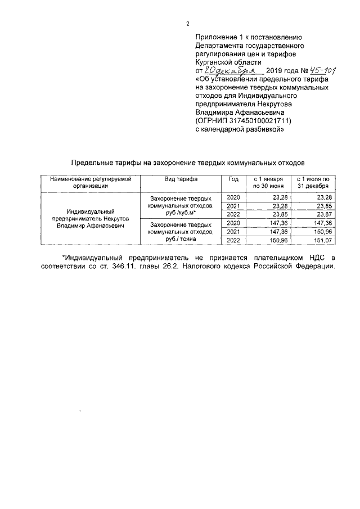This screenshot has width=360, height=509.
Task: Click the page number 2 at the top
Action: coord(187,23)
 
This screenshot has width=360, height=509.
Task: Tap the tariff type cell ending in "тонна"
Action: coord(180,231)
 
